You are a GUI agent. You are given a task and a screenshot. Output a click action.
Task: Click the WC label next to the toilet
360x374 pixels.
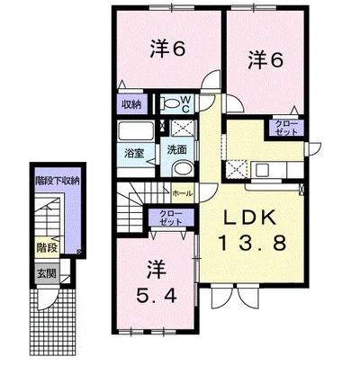tap(185, 103)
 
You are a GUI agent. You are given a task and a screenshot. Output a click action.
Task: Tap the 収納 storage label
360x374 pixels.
tap(131, 105)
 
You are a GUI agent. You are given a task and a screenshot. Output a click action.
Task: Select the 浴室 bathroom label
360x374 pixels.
tap(134, 154)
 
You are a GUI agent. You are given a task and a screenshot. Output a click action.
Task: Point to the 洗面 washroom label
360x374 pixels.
tap(177, 150)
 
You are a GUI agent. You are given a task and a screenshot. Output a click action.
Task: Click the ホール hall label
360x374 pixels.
tap(182, 194)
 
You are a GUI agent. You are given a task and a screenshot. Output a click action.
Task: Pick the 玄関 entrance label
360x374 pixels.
tap(47, 273)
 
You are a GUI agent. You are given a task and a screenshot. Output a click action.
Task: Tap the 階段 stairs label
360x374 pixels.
tap(47, 248)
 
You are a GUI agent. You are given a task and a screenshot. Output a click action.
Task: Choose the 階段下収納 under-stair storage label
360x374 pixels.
tap(57, 181)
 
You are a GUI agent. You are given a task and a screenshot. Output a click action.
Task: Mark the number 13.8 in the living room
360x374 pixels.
tap(253, 243)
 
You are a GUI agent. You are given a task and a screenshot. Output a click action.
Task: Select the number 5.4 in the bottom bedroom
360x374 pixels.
tap(157, 296)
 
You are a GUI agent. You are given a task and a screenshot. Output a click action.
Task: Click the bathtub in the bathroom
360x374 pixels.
tap(136, 130)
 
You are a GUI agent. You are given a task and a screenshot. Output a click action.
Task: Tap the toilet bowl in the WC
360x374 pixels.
tap(170, 103)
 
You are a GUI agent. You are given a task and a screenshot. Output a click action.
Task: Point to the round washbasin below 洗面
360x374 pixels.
tap(184, 169)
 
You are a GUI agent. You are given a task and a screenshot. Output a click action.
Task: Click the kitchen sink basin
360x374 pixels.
tap(262, 171)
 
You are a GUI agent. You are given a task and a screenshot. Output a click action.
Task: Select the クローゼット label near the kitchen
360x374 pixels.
tap(286, 128)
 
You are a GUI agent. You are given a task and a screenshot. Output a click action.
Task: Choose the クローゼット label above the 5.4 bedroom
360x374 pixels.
tap(171, 218)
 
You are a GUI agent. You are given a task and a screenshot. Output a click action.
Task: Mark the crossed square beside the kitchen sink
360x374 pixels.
tap(236, 170)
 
